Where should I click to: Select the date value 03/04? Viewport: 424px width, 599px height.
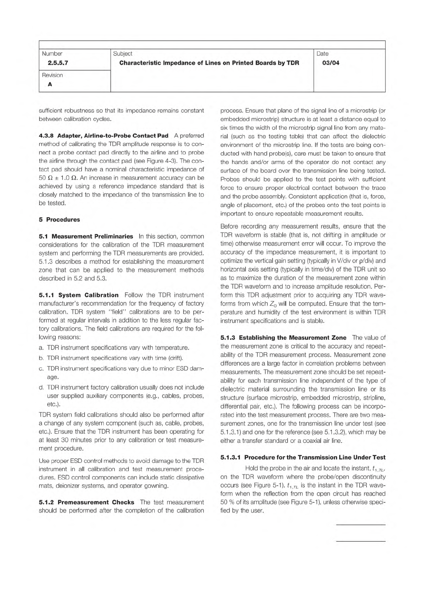click(x=330, y=63)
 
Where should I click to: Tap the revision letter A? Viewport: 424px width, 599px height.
click(x=49, y=84)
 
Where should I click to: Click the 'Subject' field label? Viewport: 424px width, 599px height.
click(x=122, y=54)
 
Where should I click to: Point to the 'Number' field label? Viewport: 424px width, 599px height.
click(x=52, y=54)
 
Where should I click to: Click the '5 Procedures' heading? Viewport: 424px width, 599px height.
click(x=59, y=219)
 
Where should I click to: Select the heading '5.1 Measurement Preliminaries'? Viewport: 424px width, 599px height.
click(x=86, y=236)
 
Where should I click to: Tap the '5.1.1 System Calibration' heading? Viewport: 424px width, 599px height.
click(x=78, y=295)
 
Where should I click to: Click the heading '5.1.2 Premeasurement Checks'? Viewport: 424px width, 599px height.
click(x=86, y=502)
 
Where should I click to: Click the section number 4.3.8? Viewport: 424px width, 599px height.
click(x=46, y=136)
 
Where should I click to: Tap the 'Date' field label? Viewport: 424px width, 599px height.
click(x=322, y=54)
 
